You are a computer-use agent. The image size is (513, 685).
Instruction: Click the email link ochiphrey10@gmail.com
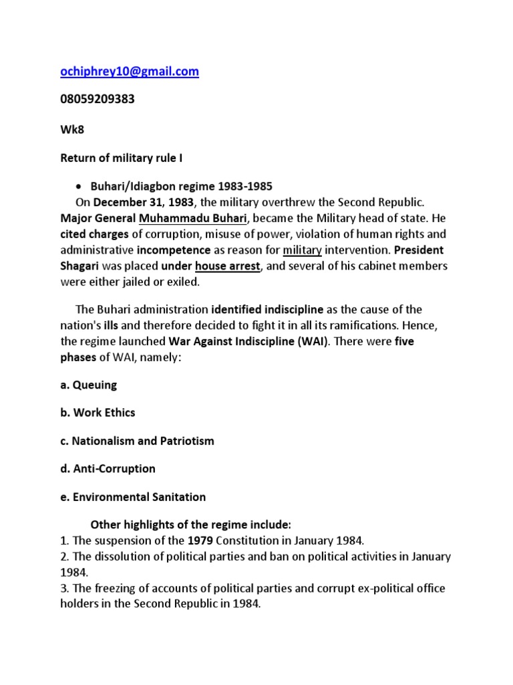130,72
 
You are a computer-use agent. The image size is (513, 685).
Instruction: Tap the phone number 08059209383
98,99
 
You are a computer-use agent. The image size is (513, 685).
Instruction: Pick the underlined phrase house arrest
224,266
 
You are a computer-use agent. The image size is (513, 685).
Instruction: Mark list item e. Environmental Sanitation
134,497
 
